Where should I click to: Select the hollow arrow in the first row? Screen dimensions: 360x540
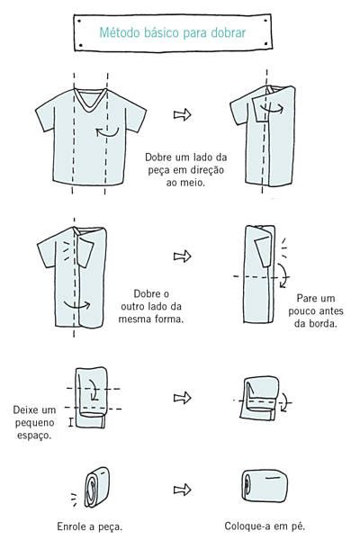coord(182,114)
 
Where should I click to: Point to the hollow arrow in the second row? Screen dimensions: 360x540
coord(182,256)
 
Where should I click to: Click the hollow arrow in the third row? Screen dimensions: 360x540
coord(182,398)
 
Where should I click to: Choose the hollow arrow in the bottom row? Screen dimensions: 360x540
coord(182,490)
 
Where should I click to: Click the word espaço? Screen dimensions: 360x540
coord(34,436)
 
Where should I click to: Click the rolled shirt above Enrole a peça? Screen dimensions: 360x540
coord(96,487)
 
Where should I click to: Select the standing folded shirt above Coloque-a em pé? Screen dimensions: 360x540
coord(265,486)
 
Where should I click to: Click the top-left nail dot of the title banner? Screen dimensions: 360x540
coord(79,21)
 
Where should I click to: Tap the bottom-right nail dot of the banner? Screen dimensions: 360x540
coord(265,44)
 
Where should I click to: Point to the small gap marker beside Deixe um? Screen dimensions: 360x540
coord(70,422)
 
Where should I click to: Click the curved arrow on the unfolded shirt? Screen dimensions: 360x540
coord(107,131)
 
